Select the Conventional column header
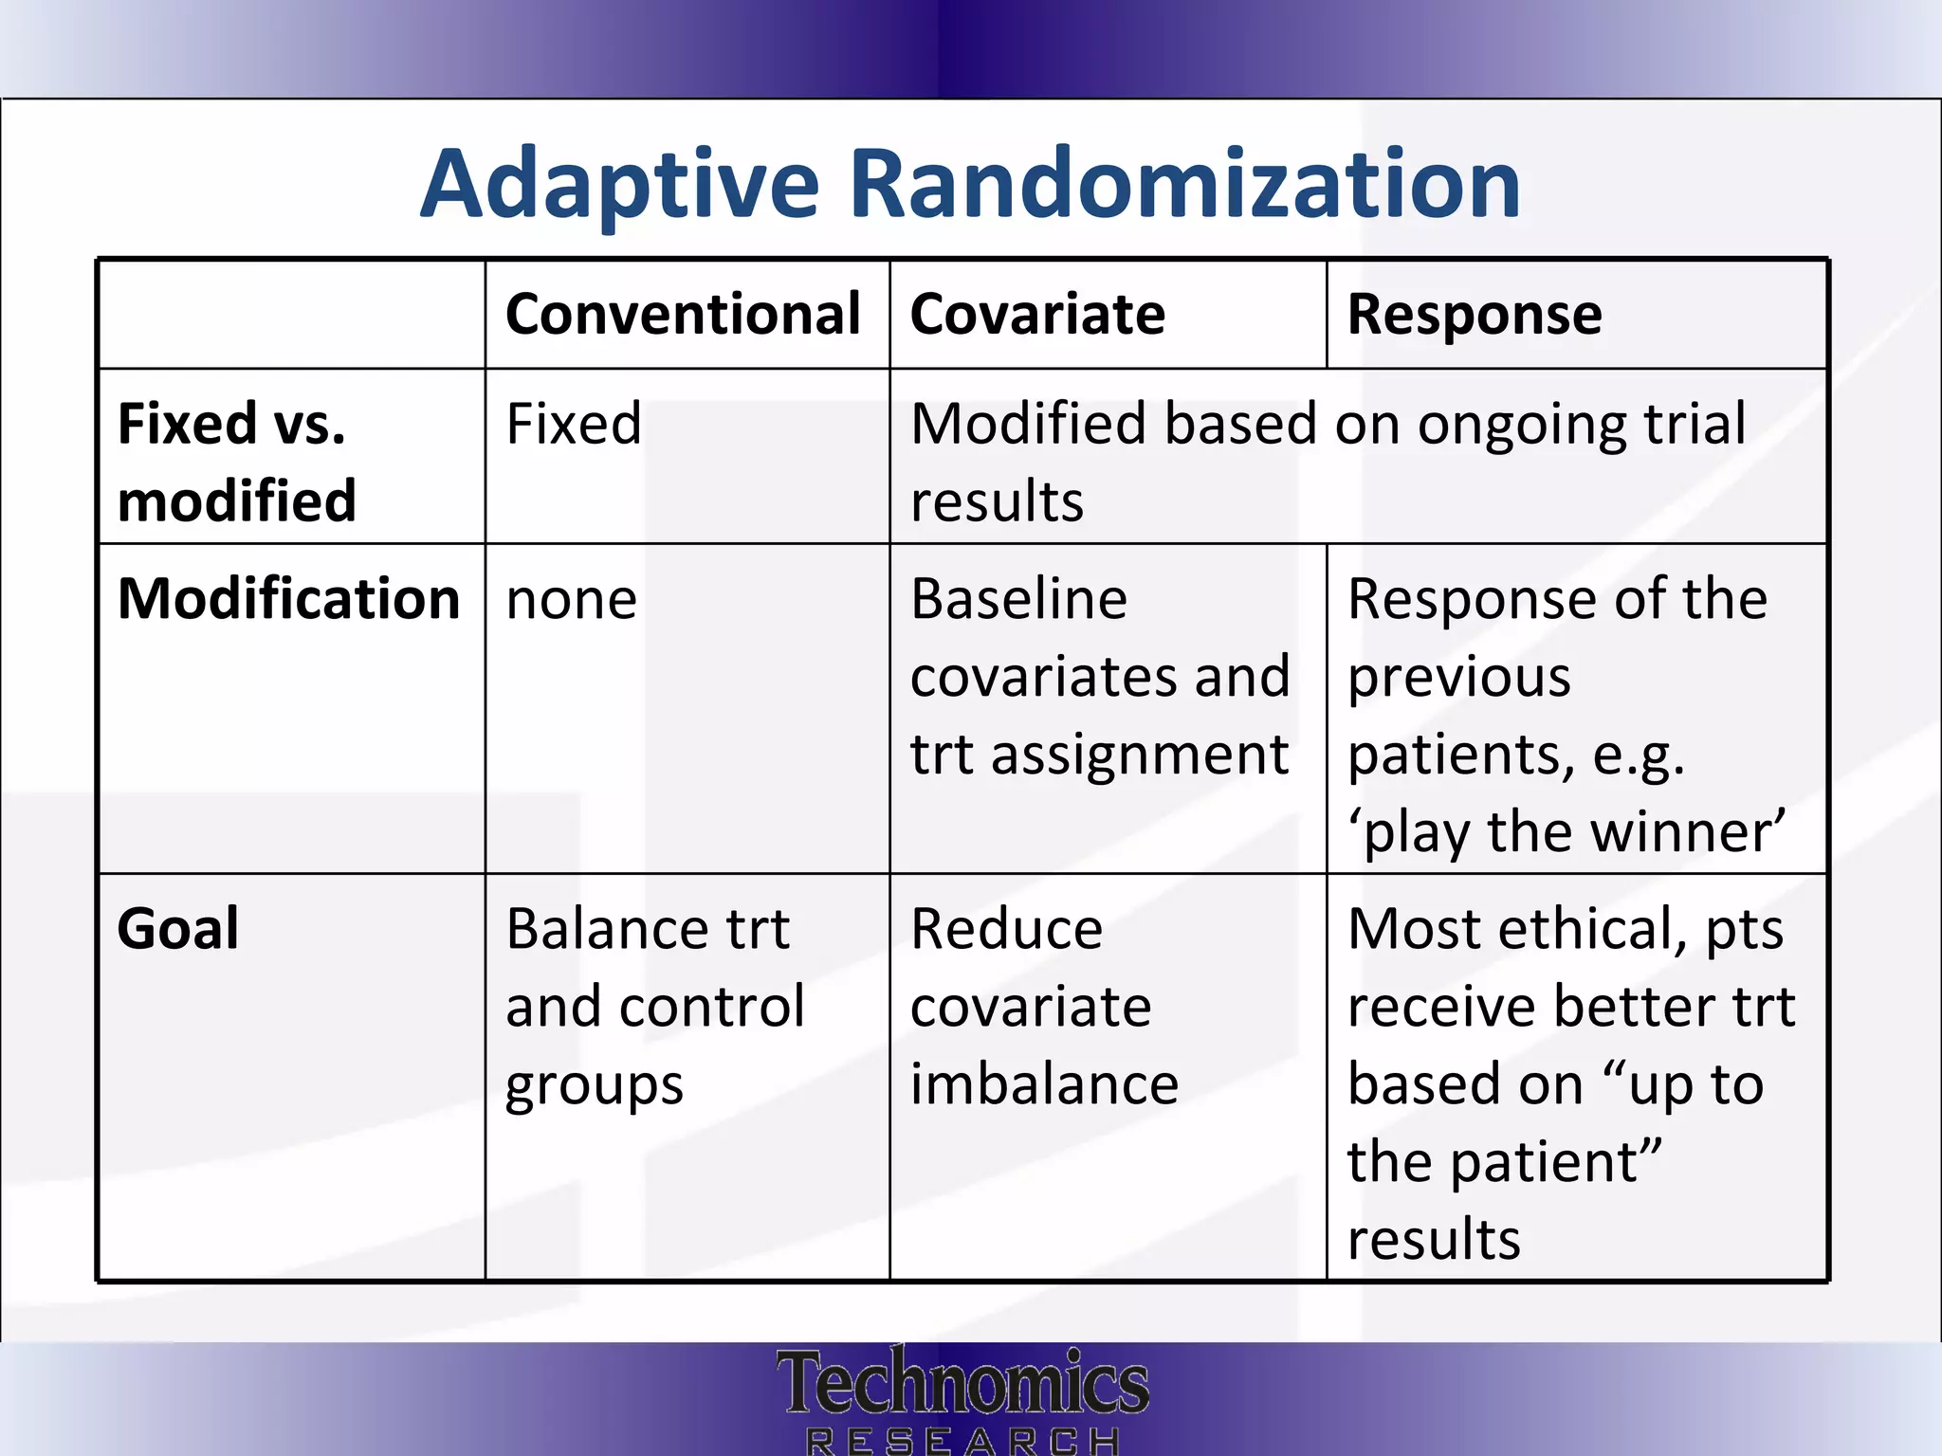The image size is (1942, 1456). tap(683, 315)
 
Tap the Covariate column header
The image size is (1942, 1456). tap(1037, 315)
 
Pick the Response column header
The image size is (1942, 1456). tap(1475, 315)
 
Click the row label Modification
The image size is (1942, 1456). tap(288, 599)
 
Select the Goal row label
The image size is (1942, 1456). tap(177, 929)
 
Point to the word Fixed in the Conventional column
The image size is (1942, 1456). tap(574, 424)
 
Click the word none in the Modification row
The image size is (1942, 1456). tap(572, 601)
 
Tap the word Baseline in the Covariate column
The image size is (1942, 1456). tap(1018, 599)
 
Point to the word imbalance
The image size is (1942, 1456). tap(1044, 1084)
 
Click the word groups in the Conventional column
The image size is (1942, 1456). tap(595, 1086)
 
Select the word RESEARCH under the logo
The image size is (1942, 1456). tap(962, 1442)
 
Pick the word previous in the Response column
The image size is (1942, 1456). tap(1459, 678)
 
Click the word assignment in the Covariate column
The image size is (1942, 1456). tap(1139, 755)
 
